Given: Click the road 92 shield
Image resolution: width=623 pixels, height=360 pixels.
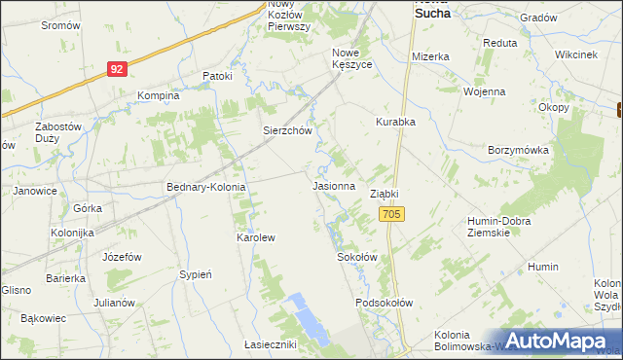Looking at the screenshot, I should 117,69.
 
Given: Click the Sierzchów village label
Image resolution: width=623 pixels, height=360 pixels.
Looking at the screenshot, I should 286,129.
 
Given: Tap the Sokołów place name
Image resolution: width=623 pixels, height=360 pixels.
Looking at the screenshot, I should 356,257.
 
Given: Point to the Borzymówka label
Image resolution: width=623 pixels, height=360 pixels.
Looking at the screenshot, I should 519,151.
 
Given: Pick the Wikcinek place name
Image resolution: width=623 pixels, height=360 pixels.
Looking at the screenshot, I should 575,54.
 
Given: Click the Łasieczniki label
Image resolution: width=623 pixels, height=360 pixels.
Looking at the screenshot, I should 270,344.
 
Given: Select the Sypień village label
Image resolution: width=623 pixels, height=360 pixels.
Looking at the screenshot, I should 196,274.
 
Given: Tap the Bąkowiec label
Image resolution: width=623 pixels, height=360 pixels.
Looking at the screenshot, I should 43,317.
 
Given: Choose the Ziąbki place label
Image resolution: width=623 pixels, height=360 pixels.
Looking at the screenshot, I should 385,194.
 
